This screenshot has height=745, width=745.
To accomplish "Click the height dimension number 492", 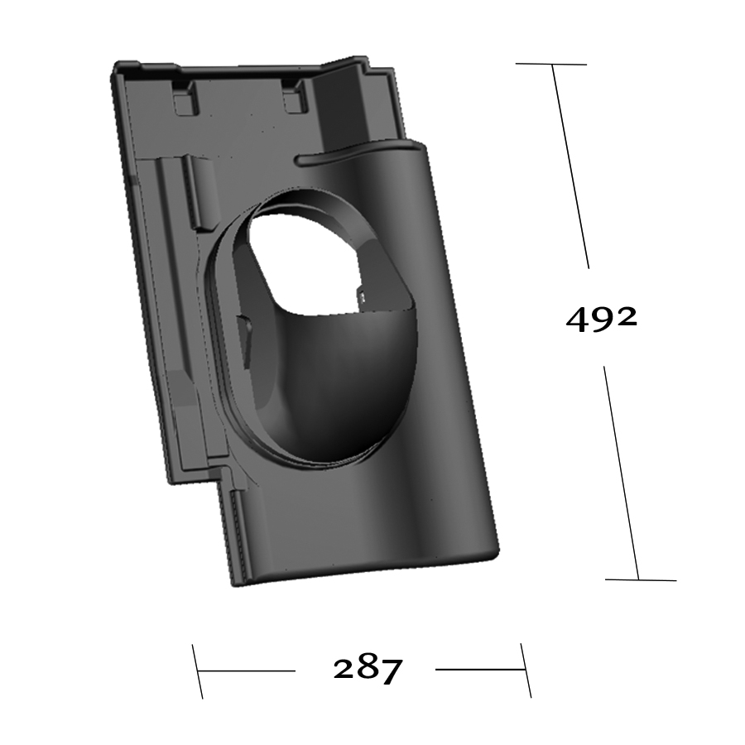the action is click(601, 319).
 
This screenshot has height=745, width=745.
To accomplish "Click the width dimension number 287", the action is click(368, 670).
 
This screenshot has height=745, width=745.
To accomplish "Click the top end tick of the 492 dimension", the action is click(551, 64).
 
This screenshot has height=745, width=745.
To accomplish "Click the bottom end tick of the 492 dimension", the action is click(640, 579).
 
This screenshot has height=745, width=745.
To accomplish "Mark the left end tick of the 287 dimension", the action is click(197, 670).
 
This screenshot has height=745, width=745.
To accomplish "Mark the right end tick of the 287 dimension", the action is click(526, 670).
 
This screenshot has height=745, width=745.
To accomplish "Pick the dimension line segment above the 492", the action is click(570, 166).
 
